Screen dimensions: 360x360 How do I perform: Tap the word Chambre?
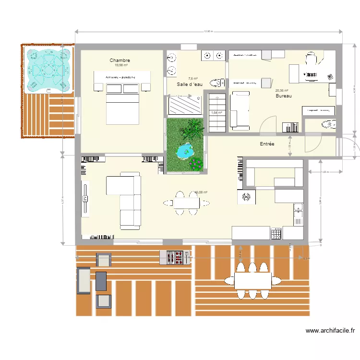(120, 60)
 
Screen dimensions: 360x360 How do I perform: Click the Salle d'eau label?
(190, 84)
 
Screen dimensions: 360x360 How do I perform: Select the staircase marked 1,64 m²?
(216, 113)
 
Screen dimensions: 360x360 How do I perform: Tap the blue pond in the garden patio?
(185, 152)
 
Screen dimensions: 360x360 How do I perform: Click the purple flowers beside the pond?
(196, 163)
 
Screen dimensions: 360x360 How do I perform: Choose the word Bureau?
(284, 96)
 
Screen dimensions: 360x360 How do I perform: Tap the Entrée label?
(267, 144)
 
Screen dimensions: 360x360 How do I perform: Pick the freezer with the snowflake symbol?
(246, 197)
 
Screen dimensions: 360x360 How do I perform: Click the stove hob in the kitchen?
(276, 234)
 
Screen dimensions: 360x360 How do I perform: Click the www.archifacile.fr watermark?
(330, 331)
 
